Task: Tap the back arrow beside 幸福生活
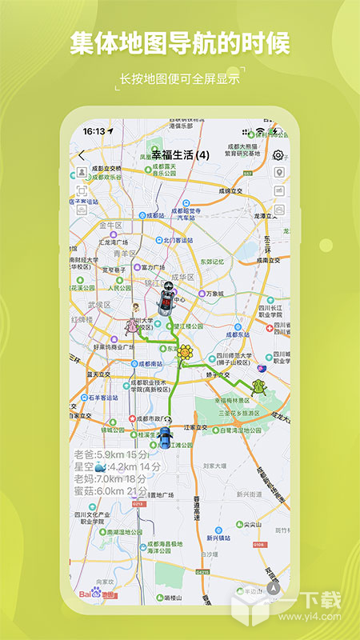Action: [82, 155]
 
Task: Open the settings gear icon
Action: [278, 155]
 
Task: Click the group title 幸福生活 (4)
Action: [180, 154]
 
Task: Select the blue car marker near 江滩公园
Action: [165, 437]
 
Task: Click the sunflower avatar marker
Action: [186, 352]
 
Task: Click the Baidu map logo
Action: [97, 593]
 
